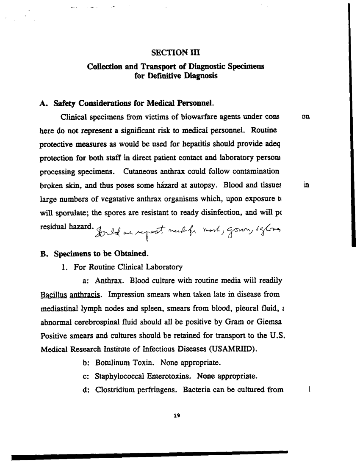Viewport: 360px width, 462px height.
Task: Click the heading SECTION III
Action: click(175, 52)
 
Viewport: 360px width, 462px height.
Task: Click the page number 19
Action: click(177, 416)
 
